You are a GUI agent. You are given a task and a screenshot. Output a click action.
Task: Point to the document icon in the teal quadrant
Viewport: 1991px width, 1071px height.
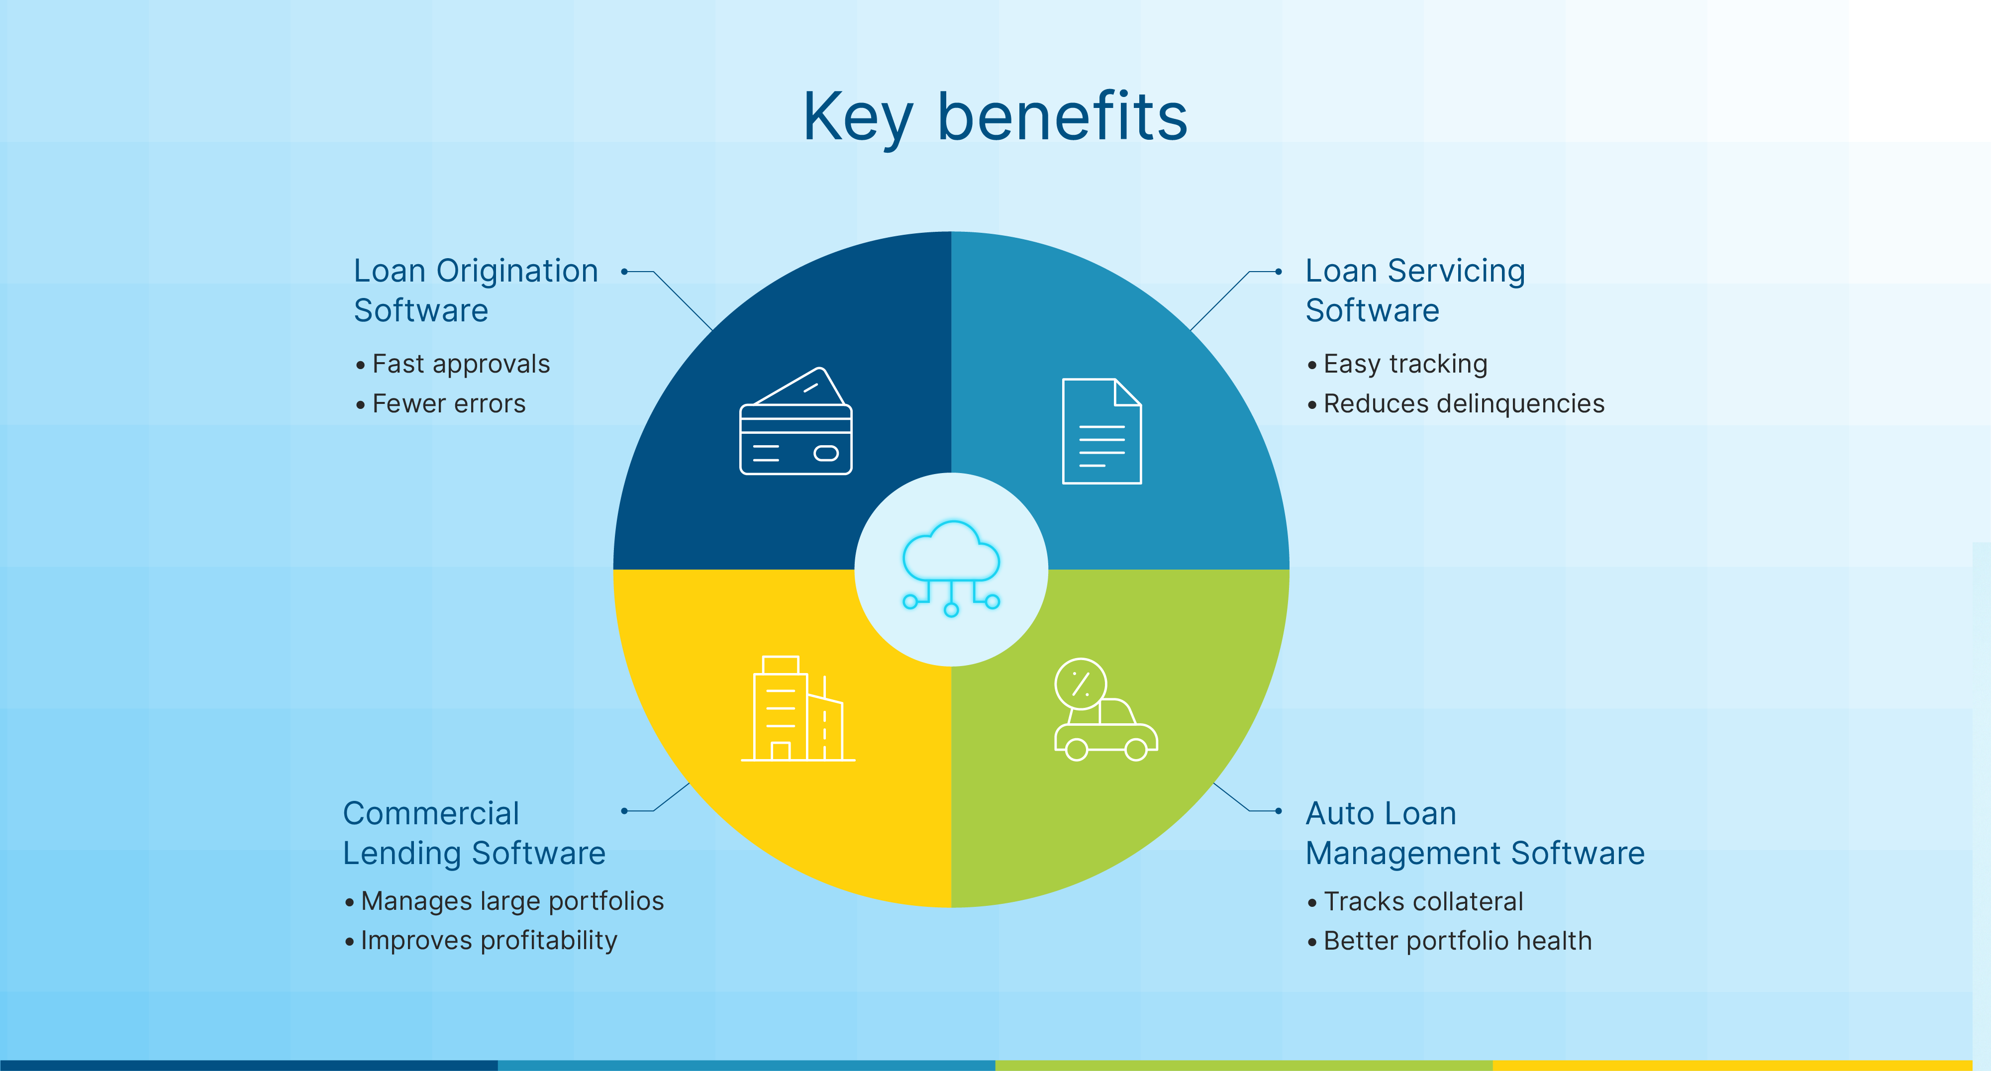[x=1101, y=431]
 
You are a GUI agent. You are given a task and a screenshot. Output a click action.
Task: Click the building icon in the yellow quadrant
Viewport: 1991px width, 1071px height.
[x=797, y=709]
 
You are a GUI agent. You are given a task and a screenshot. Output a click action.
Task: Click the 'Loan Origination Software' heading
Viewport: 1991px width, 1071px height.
[x=475, y=291]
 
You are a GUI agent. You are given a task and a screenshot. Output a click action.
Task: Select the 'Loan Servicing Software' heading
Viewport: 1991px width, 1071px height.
[x=1414, y=291]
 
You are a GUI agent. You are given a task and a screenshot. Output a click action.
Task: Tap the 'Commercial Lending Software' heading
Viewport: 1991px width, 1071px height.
[x=474, y=833]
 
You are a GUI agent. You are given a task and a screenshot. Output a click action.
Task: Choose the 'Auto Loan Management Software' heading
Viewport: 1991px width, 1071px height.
[x=1475, y=833]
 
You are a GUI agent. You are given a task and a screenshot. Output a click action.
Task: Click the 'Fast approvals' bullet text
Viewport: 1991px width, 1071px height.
[x=461, y=364]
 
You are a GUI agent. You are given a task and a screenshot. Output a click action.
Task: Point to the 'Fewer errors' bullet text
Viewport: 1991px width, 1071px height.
[x=448, y=403]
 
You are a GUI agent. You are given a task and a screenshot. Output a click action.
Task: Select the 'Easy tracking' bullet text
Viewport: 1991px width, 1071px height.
[x=1405, y=364]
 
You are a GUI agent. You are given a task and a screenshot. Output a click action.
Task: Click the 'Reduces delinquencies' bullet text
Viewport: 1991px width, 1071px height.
[x=1464, y=403]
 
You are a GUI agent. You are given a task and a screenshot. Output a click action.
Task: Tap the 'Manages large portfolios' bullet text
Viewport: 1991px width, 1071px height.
[x=511, y=901]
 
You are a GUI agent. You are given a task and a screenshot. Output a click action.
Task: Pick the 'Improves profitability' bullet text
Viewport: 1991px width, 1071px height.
[x=489, y=940]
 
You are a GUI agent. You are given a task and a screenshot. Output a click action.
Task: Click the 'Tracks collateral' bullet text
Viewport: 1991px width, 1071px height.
[x=1423, y=901]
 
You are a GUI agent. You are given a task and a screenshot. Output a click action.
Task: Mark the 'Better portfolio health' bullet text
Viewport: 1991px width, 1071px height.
[x=1457, y=940]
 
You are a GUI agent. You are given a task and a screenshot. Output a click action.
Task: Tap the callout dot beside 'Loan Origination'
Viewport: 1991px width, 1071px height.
[x=624, y=271]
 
